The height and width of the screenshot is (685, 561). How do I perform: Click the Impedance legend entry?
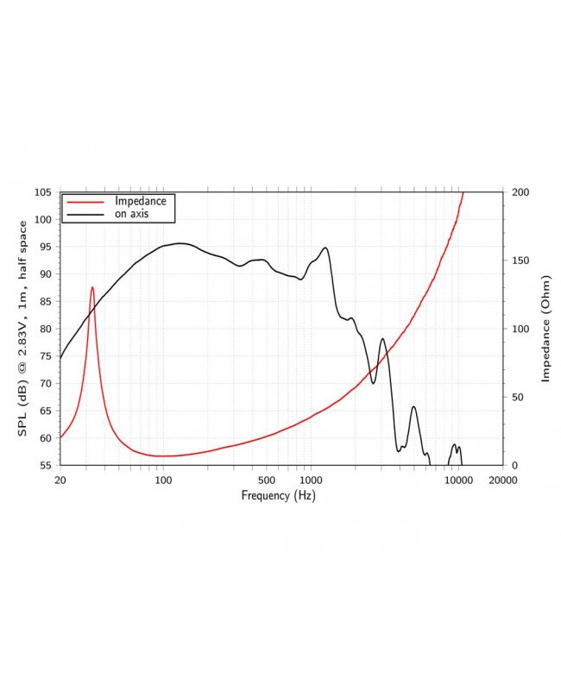tap(141, 201)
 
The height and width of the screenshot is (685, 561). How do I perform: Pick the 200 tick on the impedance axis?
tap(520, 192)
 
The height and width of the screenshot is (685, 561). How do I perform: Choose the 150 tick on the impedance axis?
tap(520, 261)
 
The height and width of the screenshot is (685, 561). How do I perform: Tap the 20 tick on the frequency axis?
tap(60, 480)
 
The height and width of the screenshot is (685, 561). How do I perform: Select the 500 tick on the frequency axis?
tap(267, 480)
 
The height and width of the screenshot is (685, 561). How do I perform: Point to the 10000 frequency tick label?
tap(458, 480)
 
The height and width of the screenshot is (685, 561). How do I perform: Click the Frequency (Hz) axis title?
tap(278, 495)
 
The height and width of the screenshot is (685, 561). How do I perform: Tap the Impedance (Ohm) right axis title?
tap(545, 329)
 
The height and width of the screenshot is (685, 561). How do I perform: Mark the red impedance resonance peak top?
tap(92, 287)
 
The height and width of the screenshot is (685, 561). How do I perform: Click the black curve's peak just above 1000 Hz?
tap(325, 248)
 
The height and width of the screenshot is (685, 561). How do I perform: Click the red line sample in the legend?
tap(84, 201)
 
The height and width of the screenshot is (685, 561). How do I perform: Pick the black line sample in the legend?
tap(84, 215)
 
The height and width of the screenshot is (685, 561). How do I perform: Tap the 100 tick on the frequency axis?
tap(163, 480)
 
